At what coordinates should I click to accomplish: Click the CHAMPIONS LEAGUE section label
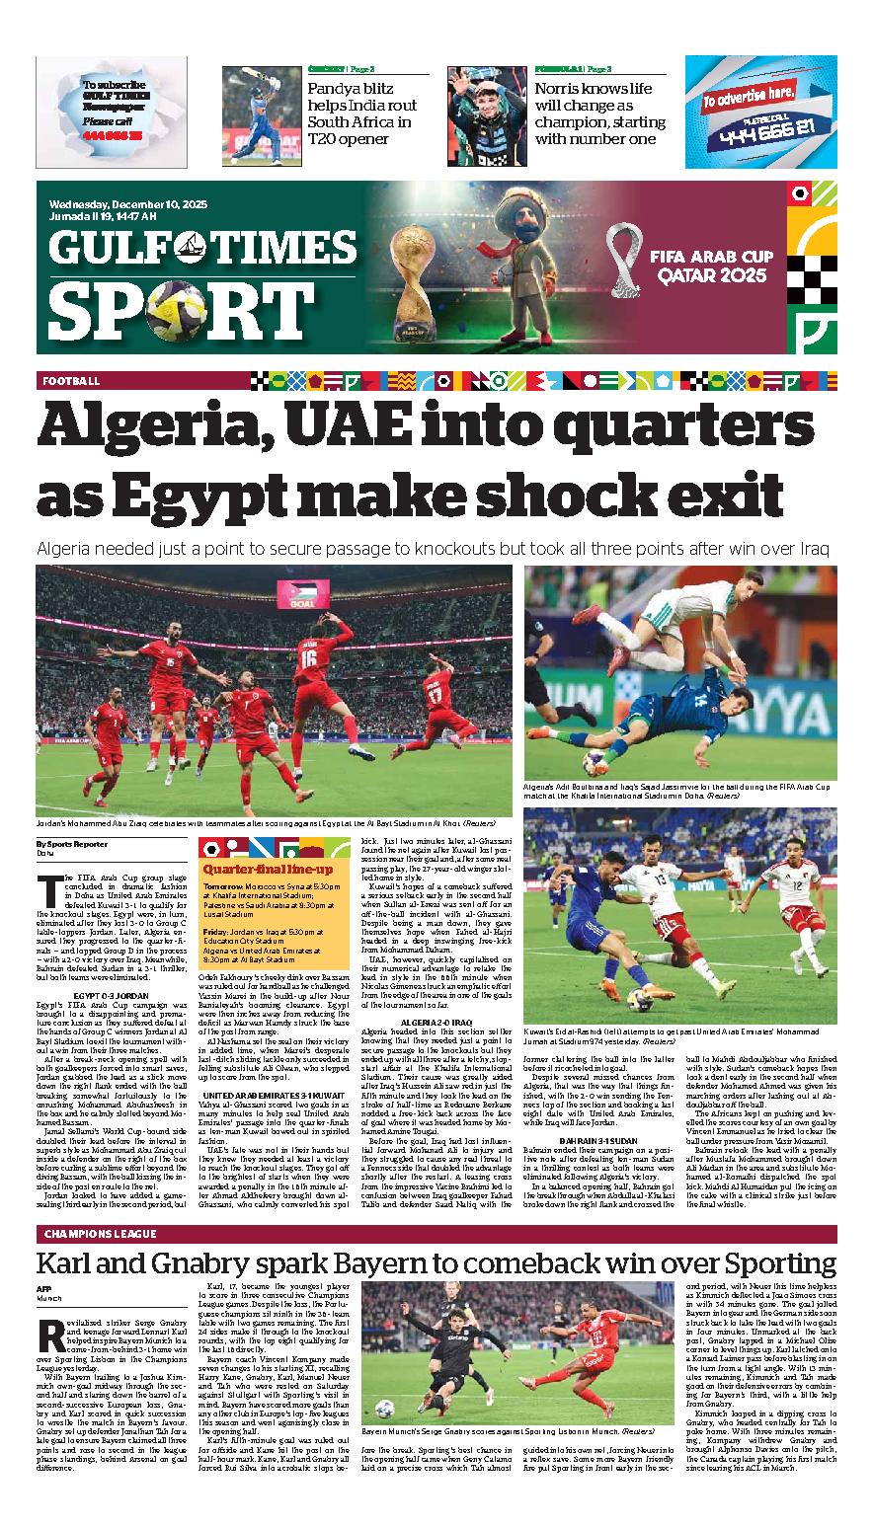click(x=101, y=1234)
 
